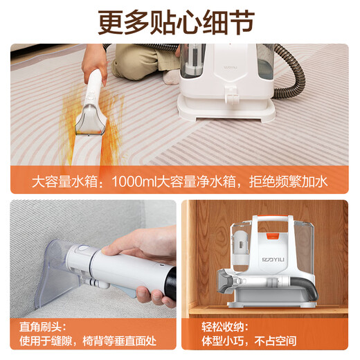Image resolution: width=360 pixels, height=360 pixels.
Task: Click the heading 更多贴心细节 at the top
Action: (179, 21)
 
